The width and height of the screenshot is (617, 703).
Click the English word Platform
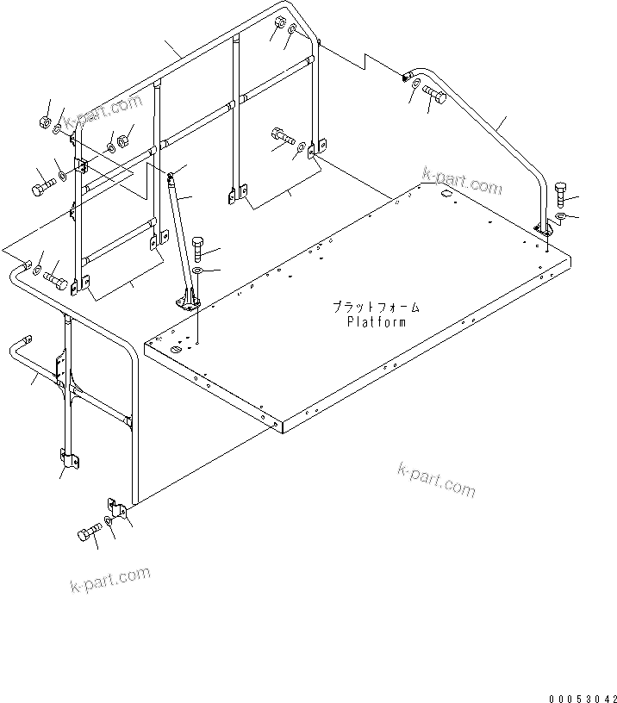coord(376,322)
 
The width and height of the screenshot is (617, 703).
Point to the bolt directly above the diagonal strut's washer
coord(198,249)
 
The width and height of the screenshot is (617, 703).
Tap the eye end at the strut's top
coord(171,177)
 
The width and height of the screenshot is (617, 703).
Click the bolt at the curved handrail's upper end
coord(434,100)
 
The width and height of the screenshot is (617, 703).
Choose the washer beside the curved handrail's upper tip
coord(415,84)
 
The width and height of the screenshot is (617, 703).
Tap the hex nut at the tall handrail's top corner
coord(281,24)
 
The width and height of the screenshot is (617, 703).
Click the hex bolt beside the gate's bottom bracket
coord(88,533)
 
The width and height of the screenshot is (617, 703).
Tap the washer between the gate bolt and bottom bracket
coord(106,522)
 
